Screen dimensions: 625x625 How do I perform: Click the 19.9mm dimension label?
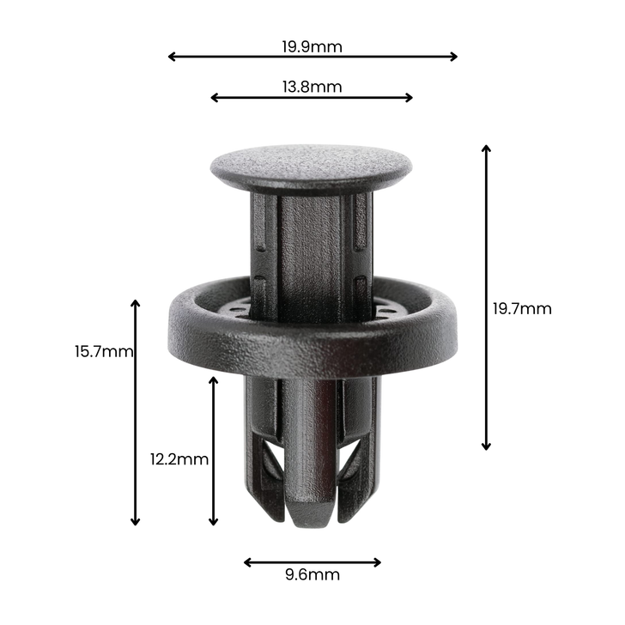point(312,46)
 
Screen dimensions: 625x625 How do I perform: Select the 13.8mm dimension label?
point(312,87)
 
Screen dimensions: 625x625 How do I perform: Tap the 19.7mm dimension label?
point(522,309)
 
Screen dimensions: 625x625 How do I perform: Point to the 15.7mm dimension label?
point(104,351)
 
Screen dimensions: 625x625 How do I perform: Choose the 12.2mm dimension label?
point(179,459)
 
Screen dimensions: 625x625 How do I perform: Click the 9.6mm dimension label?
point(312,575)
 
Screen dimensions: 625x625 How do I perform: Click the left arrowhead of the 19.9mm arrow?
point(171,57)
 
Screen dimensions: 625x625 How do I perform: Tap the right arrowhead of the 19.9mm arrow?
point(454,57)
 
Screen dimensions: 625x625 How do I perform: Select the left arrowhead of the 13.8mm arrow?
point(214,98)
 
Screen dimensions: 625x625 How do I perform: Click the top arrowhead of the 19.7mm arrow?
point(486,149)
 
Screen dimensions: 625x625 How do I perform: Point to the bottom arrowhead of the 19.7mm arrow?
point(486,446)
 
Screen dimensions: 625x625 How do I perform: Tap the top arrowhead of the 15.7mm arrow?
point(135,303)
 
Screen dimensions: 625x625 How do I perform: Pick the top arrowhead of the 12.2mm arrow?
point(214,379)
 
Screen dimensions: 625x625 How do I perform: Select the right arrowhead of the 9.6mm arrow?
point(378,563)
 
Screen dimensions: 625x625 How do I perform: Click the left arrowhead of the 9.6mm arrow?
point(247,563)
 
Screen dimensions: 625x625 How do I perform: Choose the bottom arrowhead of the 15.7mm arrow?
point(135,521)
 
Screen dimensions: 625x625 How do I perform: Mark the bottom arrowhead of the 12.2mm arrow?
point(214,521)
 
